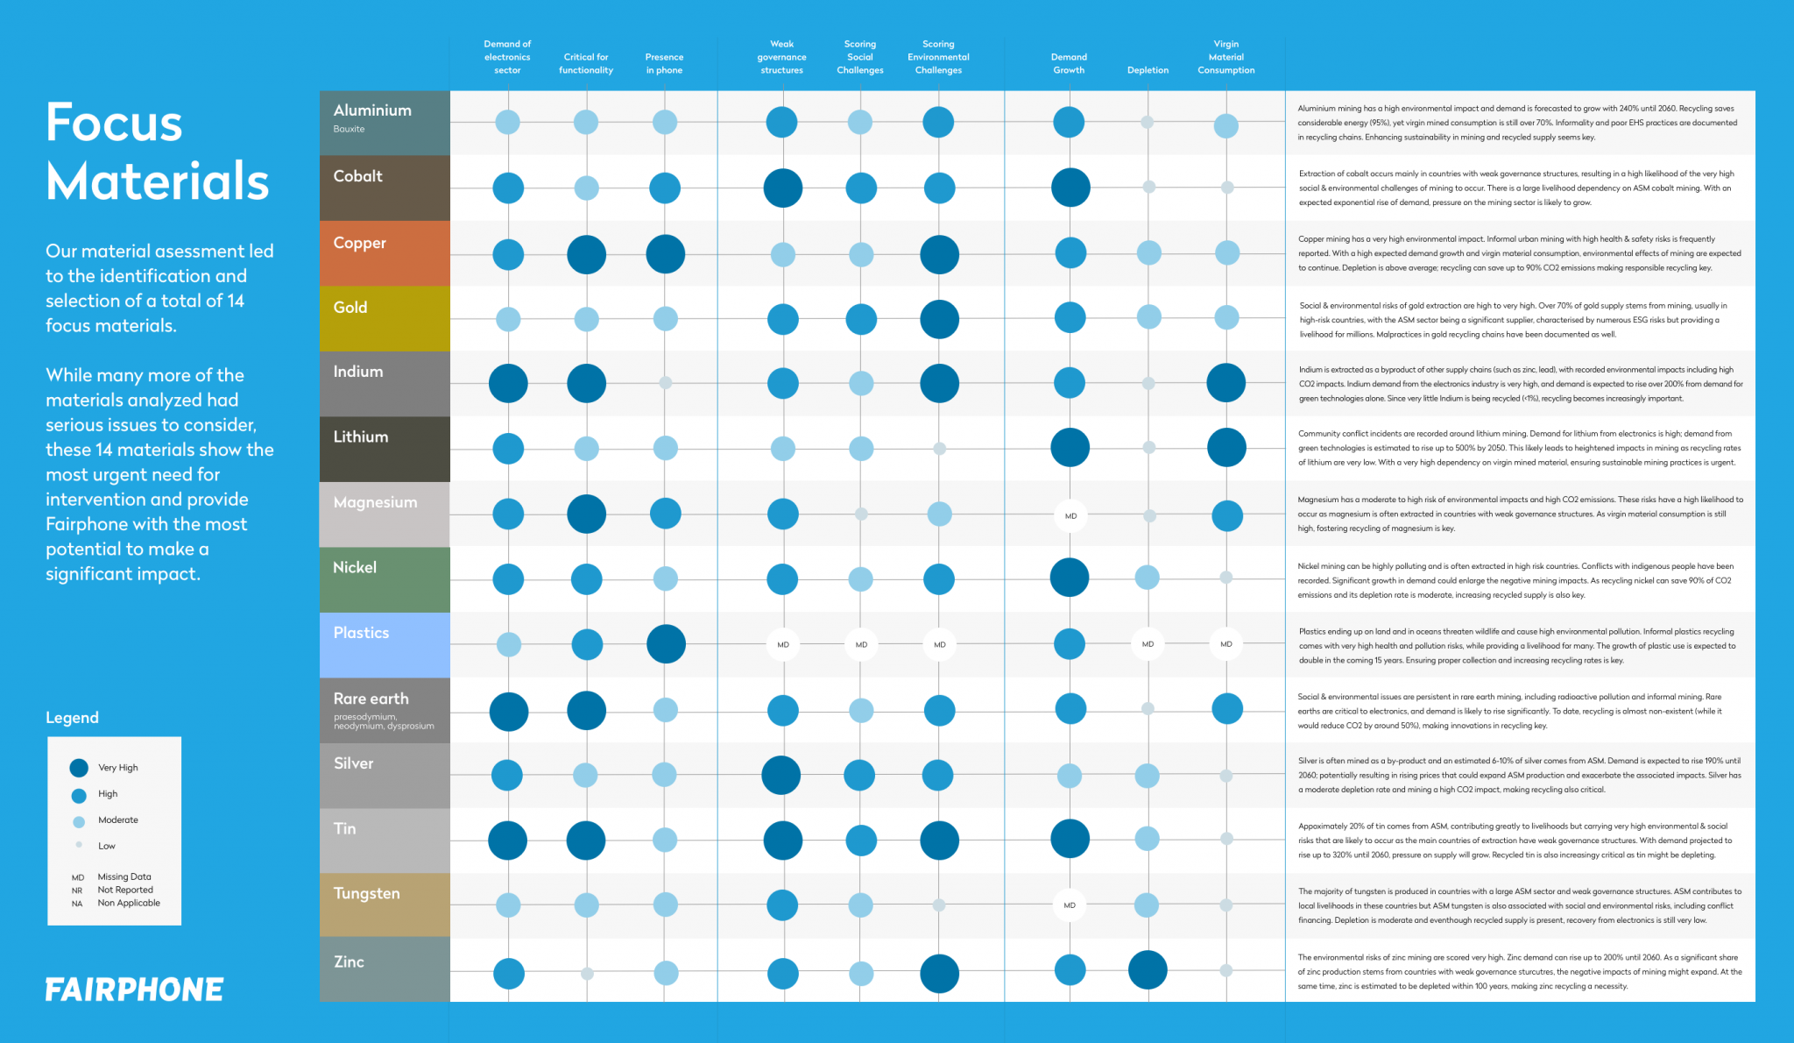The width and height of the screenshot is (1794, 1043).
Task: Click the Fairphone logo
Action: (134, 990)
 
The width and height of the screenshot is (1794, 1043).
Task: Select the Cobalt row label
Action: (358, 176)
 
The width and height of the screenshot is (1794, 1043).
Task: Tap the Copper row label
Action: (359, 243)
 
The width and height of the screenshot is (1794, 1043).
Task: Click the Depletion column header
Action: (1148, 70)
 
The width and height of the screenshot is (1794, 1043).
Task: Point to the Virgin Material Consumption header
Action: (1225, 57)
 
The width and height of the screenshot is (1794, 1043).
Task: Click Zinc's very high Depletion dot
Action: (1148, 969)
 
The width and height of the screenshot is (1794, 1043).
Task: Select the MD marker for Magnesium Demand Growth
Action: (1070, 515)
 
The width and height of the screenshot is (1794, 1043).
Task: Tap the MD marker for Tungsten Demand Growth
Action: (1070, 905)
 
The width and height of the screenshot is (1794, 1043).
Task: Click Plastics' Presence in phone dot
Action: (666, 644)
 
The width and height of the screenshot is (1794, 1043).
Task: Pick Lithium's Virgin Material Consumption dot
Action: (1226, 448)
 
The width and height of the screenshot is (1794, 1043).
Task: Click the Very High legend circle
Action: (79, 768)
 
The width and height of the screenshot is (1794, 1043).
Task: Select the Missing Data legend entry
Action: (124, 876)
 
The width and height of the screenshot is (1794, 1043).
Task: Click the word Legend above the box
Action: (72, 718)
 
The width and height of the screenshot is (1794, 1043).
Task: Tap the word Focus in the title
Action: (114, 123)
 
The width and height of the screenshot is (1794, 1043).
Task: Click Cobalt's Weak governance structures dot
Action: (782, 188)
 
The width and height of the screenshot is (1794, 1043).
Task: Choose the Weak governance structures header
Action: (781, 57)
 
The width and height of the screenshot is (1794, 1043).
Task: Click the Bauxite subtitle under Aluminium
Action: (349, 129)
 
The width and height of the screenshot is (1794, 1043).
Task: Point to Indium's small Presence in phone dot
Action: (666, 383)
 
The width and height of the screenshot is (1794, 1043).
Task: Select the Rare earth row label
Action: (371, 699)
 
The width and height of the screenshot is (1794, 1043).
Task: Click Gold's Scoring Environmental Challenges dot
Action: (939, 319)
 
